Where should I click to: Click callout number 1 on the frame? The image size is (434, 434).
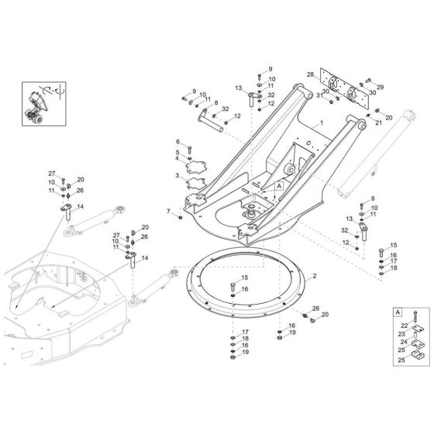(x=319, y=123)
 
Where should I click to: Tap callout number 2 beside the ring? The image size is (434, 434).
(x=314, y=276)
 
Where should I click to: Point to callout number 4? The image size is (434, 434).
(x=177, y=159)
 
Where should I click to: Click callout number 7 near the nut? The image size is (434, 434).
(x=168, y=211)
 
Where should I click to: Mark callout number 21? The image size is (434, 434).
(x=379, y=122)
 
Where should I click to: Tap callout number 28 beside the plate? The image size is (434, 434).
(x=308, y=75)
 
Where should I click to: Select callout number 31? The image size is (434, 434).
(x=318, y=95)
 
